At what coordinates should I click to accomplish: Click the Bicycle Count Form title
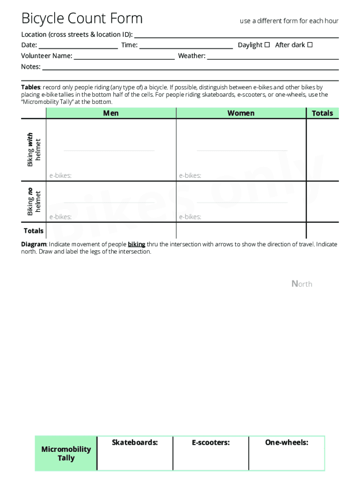82,19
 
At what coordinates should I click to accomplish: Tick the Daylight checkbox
267,45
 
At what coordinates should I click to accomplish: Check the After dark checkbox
310,45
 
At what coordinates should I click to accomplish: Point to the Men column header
111,113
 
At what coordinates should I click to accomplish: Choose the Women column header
241,113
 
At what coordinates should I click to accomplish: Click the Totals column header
322,113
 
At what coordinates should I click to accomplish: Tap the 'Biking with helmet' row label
34,150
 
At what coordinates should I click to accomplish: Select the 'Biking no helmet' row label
34,201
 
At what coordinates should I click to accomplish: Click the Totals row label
34,231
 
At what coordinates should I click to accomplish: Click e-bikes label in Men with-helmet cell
60,176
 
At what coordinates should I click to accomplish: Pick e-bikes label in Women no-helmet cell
190,217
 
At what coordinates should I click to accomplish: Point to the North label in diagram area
302,284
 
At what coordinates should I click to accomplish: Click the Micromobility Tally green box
66,454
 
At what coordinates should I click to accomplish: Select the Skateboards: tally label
135,443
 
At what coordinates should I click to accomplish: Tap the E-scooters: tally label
210,443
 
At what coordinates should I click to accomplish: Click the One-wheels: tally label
287,443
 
